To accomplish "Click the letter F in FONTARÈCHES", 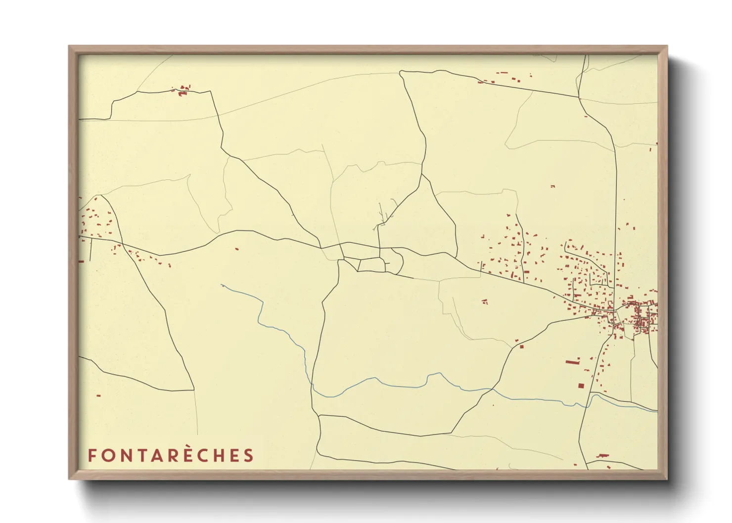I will tap(92, 455).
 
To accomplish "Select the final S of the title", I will tap(248, 455).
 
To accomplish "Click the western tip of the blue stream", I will tap(222, 285).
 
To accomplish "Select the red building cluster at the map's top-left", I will tap(183, 90).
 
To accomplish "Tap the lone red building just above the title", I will tap(98, 395).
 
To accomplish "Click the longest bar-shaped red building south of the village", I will tap(573, 361).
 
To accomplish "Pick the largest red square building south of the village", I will tap(581, 386).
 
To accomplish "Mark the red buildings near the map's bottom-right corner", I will tap(602, 455).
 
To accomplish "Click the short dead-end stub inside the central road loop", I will tap(387, 263).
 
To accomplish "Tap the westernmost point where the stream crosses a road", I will tap(312, 384).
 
